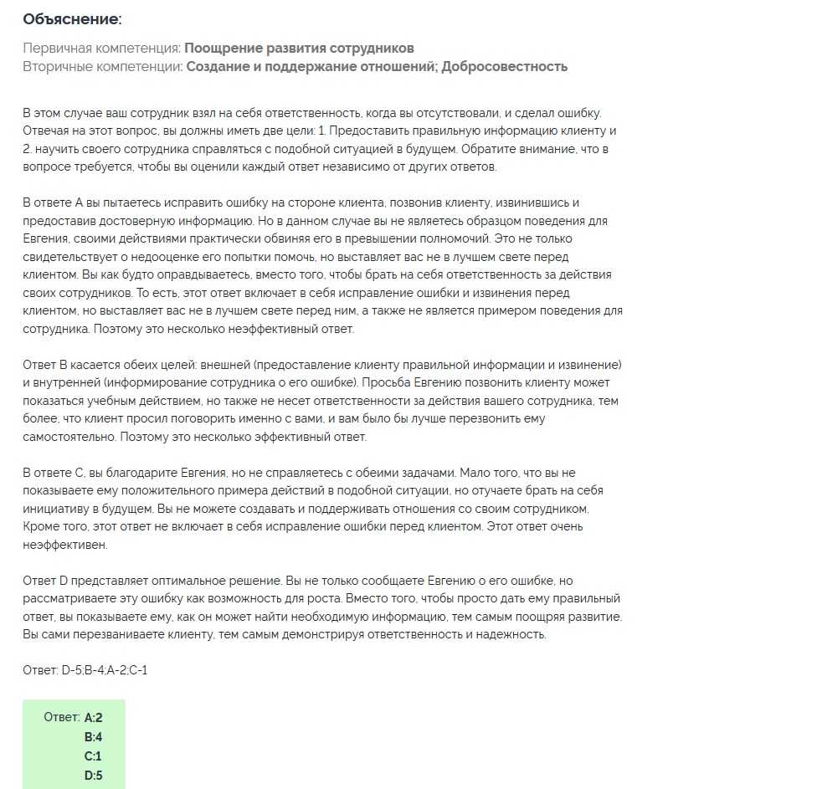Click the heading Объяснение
click(72, 18)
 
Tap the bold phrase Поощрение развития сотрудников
click(299, 48)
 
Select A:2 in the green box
click(93, 717)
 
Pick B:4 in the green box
click(93, 737)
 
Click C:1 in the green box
click(93, 756)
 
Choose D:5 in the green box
click(93, 776)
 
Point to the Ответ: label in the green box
click(61, 717)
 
